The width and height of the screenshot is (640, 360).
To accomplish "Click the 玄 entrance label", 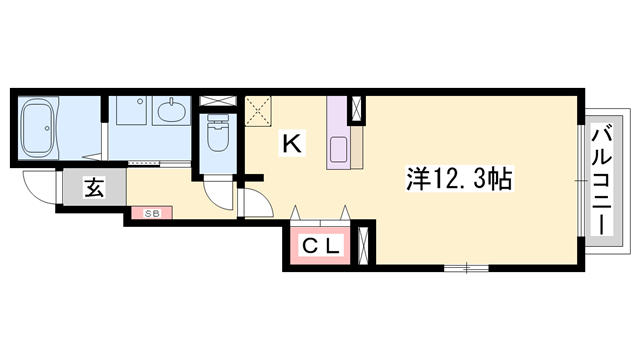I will click(x=91, y=187).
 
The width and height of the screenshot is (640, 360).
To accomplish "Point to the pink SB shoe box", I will click(x=151, y=212).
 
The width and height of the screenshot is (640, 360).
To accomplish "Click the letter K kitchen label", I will click(x=292, y=143).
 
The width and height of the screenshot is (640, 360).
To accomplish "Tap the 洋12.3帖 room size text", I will click(x=459, y=180).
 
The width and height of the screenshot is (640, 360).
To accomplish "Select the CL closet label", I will click(x=320, y=244).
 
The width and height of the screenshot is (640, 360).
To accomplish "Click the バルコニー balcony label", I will click(x=603, y=179).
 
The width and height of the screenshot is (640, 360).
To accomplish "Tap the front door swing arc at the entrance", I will click(x=40, y=190).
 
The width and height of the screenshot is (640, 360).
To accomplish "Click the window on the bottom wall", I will click(x=466, y=267).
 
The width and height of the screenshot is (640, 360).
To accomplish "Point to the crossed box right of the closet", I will click(x=363, y=244).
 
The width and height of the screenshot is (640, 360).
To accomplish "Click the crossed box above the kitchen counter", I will click(x=355, y=109).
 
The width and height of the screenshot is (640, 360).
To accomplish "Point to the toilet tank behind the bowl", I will click(x=215, y=119).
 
